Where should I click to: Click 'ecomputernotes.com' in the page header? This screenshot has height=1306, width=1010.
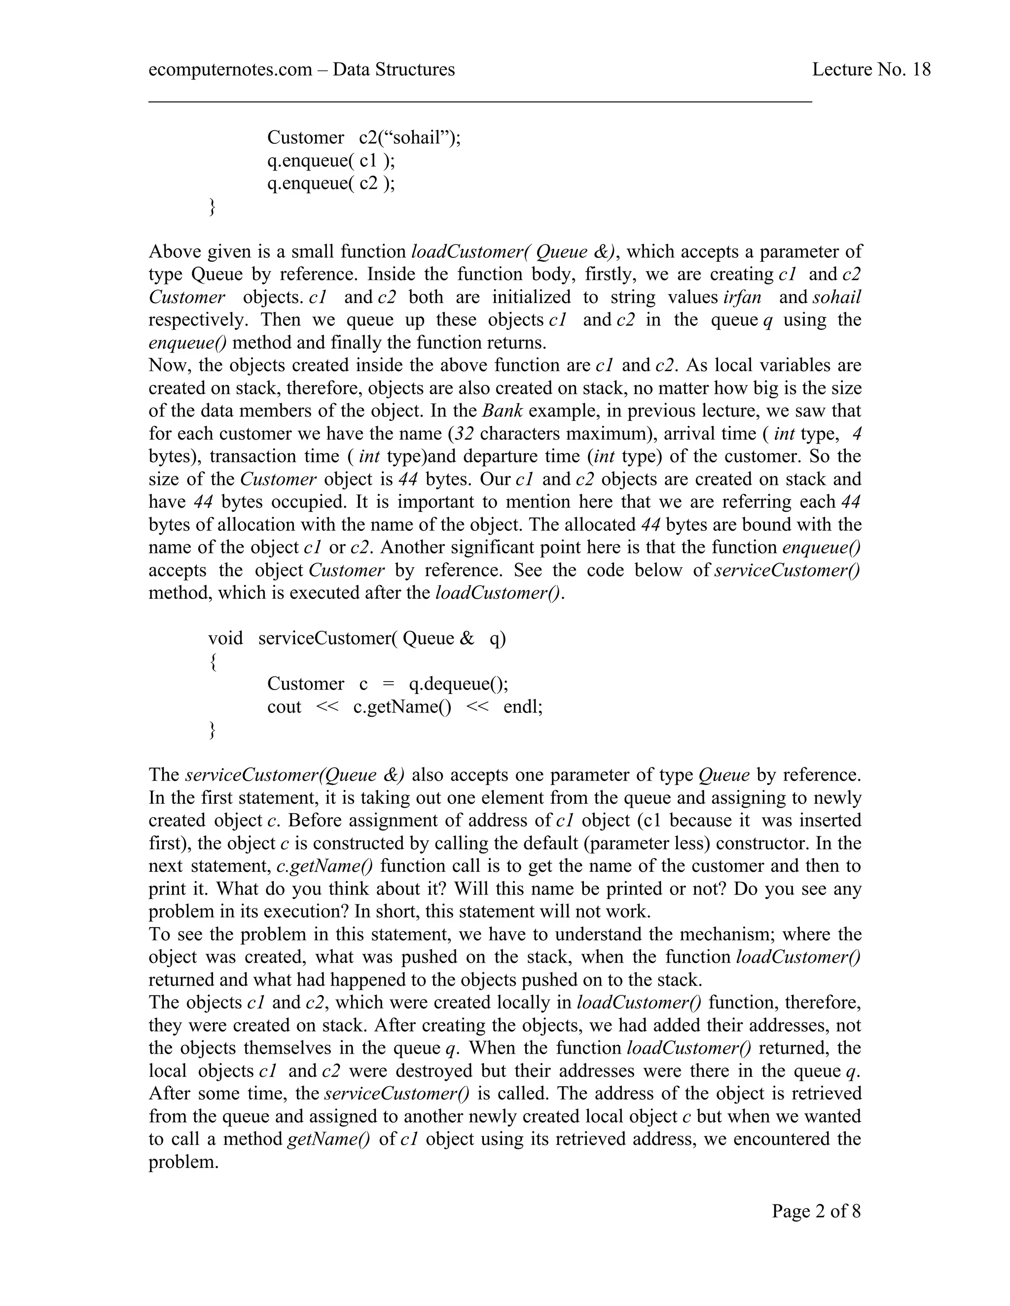click(230, 70)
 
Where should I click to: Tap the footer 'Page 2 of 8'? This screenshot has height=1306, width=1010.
click(816, 1211)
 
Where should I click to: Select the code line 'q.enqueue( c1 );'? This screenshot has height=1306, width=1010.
click(331, 160)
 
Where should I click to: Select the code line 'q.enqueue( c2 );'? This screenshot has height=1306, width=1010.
click(331, 183)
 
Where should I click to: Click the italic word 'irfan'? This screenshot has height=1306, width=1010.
click(741, 297)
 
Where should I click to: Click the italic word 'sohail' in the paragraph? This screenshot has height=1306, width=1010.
click(836, 297)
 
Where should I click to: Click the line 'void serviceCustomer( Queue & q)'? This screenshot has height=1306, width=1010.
click(357, 639)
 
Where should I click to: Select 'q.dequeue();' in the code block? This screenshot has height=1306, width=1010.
click(458, 684)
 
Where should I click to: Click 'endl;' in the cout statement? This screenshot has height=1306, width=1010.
click(522, 707)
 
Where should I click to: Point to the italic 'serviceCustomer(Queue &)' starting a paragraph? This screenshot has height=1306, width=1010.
click(294, 776)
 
